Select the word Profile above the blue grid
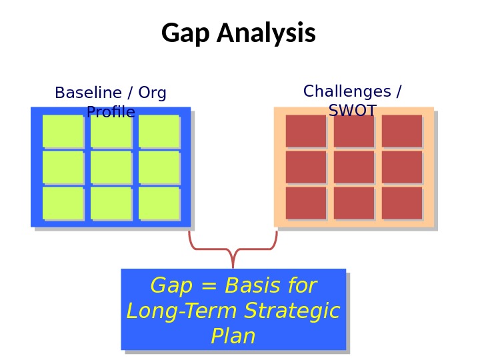(111, 112)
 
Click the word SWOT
(353, 111)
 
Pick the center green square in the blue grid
(111, 167)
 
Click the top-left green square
(63, 131)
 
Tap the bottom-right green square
(159, 203)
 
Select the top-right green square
(159, 131)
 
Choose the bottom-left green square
(63, 203)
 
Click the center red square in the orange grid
(353, 167)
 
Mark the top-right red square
(401, 131)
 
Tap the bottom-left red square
(305, 203)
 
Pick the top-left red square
(305, 131)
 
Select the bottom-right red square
(401, 203)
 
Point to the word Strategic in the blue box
(292, 311)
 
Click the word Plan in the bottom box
(233, 337)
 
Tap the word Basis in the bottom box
(253, 286)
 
